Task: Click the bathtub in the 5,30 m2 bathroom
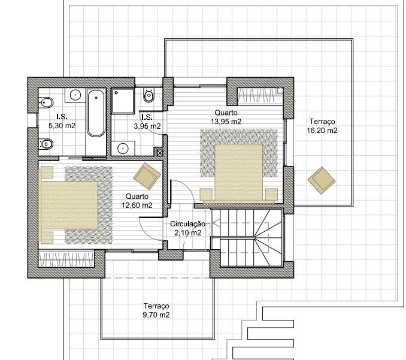click(x=96, y=113)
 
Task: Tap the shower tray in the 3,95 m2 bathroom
click(x=123, y=101)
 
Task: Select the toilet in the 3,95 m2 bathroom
click(x=149, y=95)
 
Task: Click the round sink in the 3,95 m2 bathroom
click(x=123, y=149)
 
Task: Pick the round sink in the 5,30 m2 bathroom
click(x=75, y=95)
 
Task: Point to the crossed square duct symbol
click(x=160, y=153)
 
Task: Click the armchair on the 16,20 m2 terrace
click(x=322, y=180)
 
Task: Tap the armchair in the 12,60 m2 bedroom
click(x=147, y=176)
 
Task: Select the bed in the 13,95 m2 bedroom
click(x=239, y=173)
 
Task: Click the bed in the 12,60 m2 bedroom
click(x=68, y=205)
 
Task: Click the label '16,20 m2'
click(x=322, y=131)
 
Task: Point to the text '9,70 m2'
click(x=156, y=315)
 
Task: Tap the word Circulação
click(x=187, y=224)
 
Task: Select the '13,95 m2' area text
click(x=226, y=122)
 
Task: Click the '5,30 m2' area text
click(x=62, y=126)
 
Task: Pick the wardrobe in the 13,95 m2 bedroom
click(x=260, y=95)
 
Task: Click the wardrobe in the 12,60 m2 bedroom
click(x=66, y=259)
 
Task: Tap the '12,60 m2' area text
click(x=137, y=205)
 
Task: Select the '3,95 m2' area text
click(x=147, y=126)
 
